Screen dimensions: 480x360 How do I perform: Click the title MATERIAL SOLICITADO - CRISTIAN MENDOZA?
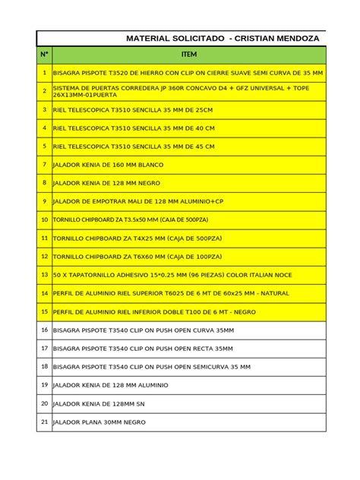click(223, 38)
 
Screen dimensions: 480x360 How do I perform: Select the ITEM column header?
click(189, 55)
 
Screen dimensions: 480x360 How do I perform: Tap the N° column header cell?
click(45, 55)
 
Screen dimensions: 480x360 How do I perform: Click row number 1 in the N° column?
click(45, 73)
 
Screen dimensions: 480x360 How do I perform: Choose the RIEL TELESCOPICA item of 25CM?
click(133, 109)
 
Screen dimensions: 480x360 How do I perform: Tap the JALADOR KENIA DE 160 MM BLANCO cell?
click(108, 164)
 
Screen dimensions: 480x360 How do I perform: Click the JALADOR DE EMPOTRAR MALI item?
click(138, 201)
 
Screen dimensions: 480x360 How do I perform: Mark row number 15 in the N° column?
click(45, 311)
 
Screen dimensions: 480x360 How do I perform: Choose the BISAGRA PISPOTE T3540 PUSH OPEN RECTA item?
click(143, 349)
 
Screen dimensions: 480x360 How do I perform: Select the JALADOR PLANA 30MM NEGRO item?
click(99, 422)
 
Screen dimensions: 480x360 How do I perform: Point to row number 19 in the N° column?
click(45, 385)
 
